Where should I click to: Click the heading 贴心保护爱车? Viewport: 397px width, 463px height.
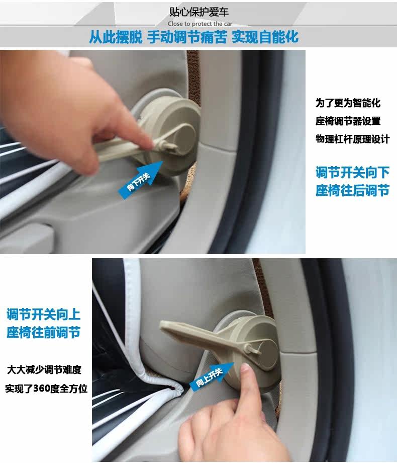tap(199, 12)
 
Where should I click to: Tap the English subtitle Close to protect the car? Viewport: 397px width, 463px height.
tap(200, 24)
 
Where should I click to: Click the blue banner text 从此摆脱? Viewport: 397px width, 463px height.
tap(116, 37)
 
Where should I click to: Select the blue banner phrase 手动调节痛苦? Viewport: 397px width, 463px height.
tap(187, 37)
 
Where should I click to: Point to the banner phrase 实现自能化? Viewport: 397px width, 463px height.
tap(265, 37)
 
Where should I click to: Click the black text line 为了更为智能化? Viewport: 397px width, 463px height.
tap(348, 103)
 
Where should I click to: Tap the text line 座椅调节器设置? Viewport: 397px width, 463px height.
tap(348, 121)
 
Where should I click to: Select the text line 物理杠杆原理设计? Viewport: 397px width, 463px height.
tap(352, 139)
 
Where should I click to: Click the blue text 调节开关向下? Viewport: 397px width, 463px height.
tap(352, 173)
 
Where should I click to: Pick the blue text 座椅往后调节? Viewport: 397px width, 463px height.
tap(352, 190)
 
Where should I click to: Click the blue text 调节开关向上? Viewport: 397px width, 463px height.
tap(44, 314)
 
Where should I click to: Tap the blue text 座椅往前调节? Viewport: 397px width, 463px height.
tap(44, 333)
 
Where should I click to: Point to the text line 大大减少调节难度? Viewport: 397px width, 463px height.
tap(44, 370)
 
